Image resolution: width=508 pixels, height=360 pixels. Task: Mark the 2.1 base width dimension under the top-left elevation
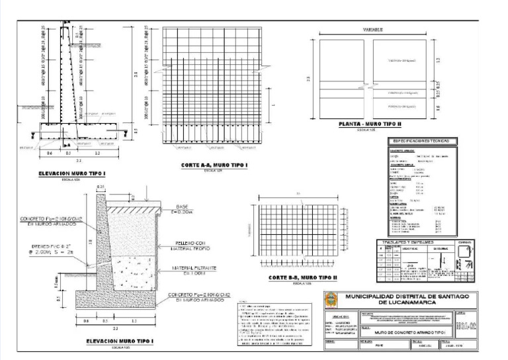79,160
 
